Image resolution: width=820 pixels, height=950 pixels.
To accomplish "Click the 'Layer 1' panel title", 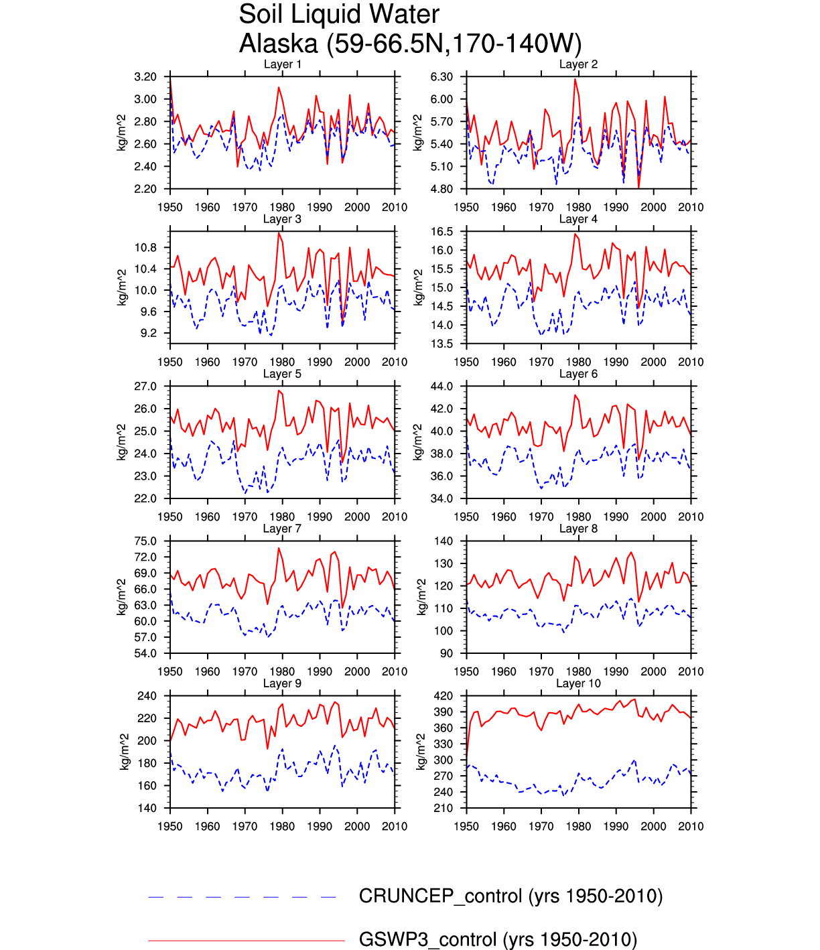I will pos(282,64).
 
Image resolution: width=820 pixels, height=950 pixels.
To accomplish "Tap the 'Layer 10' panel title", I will pos(578,683).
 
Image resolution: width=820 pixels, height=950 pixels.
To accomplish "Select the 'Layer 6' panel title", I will pos(578,374).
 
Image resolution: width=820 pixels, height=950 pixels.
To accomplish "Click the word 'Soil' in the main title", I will pos(263,14).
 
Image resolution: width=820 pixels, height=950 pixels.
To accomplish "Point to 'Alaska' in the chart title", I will pos(279,44).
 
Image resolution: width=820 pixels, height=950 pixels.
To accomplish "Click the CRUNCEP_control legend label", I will pos(510,896).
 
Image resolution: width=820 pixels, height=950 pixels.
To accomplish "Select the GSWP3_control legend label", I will pos(498,939).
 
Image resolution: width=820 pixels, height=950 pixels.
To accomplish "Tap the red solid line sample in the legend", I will pos(246,941).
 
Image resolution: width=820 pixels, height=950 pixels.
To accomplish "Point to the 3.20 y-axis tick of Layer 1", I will pos(145,77).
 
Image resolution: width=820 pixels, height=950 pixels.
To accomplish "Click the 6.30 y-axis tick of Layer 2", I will pos(441,77).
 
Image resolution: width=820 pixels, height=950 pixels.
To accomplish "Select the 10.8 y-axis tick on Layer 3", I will pos(145,248).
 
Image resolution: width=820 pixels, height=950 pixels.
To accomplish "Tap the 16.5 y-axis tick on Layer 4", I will pos(441,232).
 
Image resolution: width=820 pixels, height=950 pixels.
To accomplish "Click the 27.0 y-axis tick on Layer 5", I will pos(145,387).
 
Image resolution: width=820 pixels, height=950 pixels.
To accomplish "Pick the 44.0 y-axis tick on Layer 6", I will pos(441,387).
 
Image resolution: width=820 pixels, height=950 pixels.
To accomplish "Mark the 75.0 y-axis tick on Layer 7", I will pos(145,541).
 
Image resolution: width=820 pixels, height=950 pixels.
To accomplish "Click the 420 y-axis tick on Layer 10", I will pos(443,696).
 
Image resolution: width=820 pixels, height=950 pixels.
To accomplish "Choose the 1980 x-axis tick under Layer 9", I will pos(282,827).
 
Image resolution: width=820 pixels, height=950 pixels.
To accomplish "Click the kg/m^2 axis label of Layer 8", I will pos(421,597).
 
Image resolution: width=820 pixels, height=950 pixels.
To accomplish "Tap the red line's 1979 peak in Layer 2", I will pos(575,79).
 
